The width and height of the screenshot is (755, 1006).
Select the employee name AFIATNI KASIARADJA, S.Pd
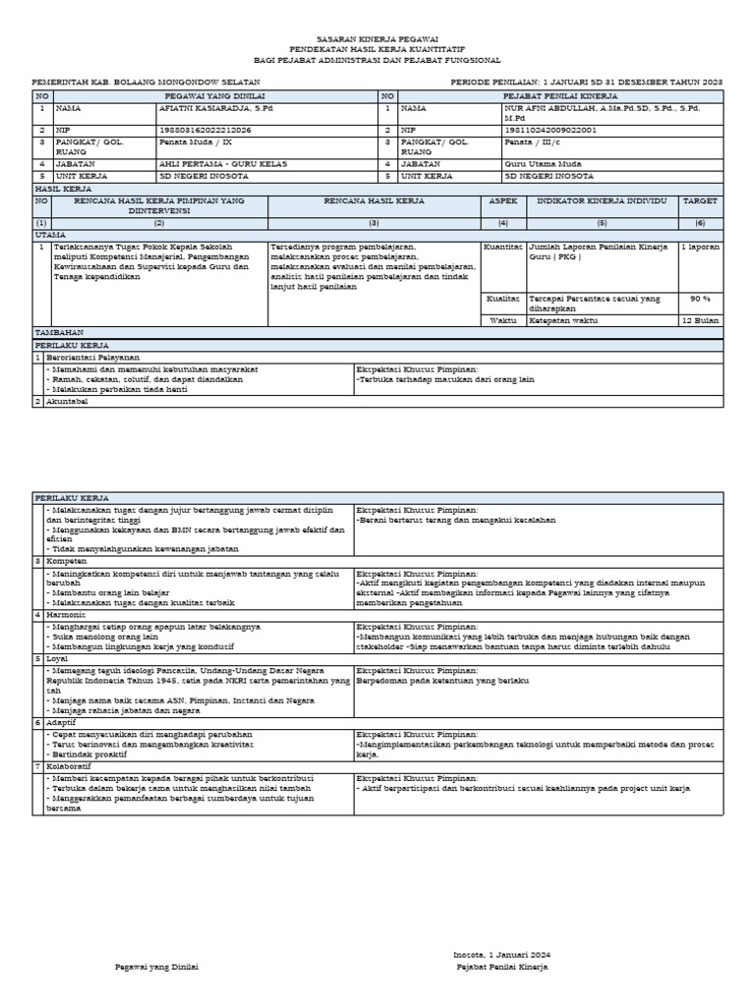click(204, 110)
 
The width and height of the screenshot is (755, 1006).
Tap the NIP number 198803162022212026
click(204, 130)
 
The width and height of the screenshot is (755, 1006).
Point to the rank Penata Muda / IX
click(196, 142)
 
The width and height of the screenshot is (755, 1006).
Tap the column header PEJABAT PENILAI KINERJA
click(560, 97)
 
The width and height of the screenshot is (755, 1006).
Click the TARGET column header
click(700, 200)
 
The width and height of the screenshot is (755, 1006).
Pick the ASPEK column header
click(503, 200)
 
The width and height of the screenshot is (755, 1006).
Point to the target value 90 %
click(700, 298)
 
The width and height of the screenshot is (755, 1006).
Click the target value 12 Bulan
click(700, 320)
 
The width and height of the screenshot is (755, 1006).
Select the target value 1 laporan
click(700, 247)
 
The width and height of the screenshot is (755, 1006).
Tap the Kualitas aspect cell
click(503, 298)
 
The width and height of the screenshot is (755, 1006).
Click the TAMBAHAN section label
click(60, 333)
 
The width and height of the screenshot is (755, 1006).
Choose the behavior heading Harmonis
click(66, 614)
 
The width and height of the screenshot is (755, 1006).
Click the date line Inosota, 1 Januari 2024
click(501, 954)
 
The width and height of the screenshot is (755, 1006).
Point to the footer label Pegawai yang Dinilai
click(157, 967)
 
